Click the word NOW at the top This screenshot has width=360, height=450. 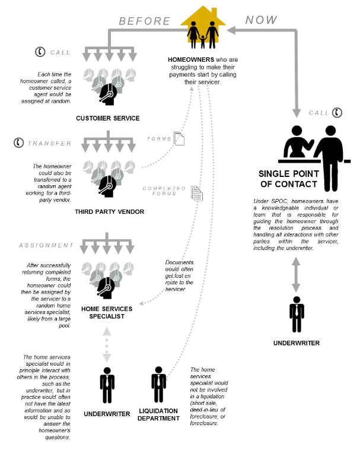[x=261, y=20]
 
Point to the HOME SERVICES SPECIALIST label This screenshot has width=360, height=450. [x=107, y=313]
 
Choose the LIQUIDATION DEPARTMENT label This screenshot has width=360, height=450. [x=159, y=414]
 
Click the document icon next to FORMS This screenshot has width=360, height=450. [x=179, y=139]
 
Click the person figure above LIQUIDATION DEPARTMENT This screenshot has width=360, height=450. [x=158, y=385]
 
